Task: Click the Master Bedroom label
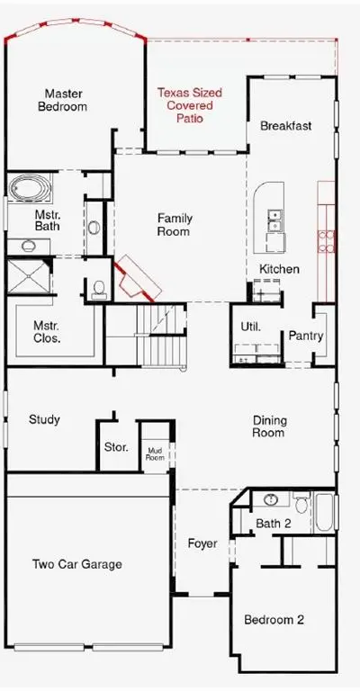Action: (x=63, y=100)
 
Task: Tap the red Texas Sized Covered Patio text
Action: (x=190, y=105)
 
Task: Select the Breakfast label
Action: (x=286, y=126)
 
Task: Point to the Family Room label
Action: (x=175, y=225)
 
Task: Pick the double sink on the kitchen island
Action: (x=275, y=220)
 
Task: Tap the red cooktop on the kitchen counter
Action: (x=327, y=241)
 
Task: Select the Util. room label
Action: (x=251, y=327)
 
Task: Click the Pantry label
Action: (x=306, y=336)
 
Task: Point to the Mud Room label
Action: (x=156, y=453)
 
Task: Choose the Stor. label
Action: (x=116, y=447)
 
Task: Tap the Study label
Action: (x=44, y=419)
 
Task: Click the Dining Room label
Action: (x=269, y=426)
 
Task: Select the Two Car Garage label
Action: (x=77, y=564)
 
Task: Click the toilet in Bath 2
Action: (x=301, y=503)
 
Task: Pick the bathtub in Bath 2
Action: (x=324, y=512)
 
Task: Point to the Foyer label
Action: (x=202, y=543)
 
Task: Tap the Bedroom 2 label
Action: (x=274, y=620)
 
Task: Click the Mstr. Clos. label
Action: (x=47, y=332)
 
